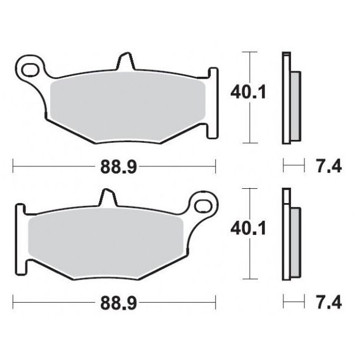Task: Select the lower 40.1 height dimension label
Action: coord(240,228)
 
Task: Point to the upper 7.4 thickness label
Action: coord(329,168)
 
